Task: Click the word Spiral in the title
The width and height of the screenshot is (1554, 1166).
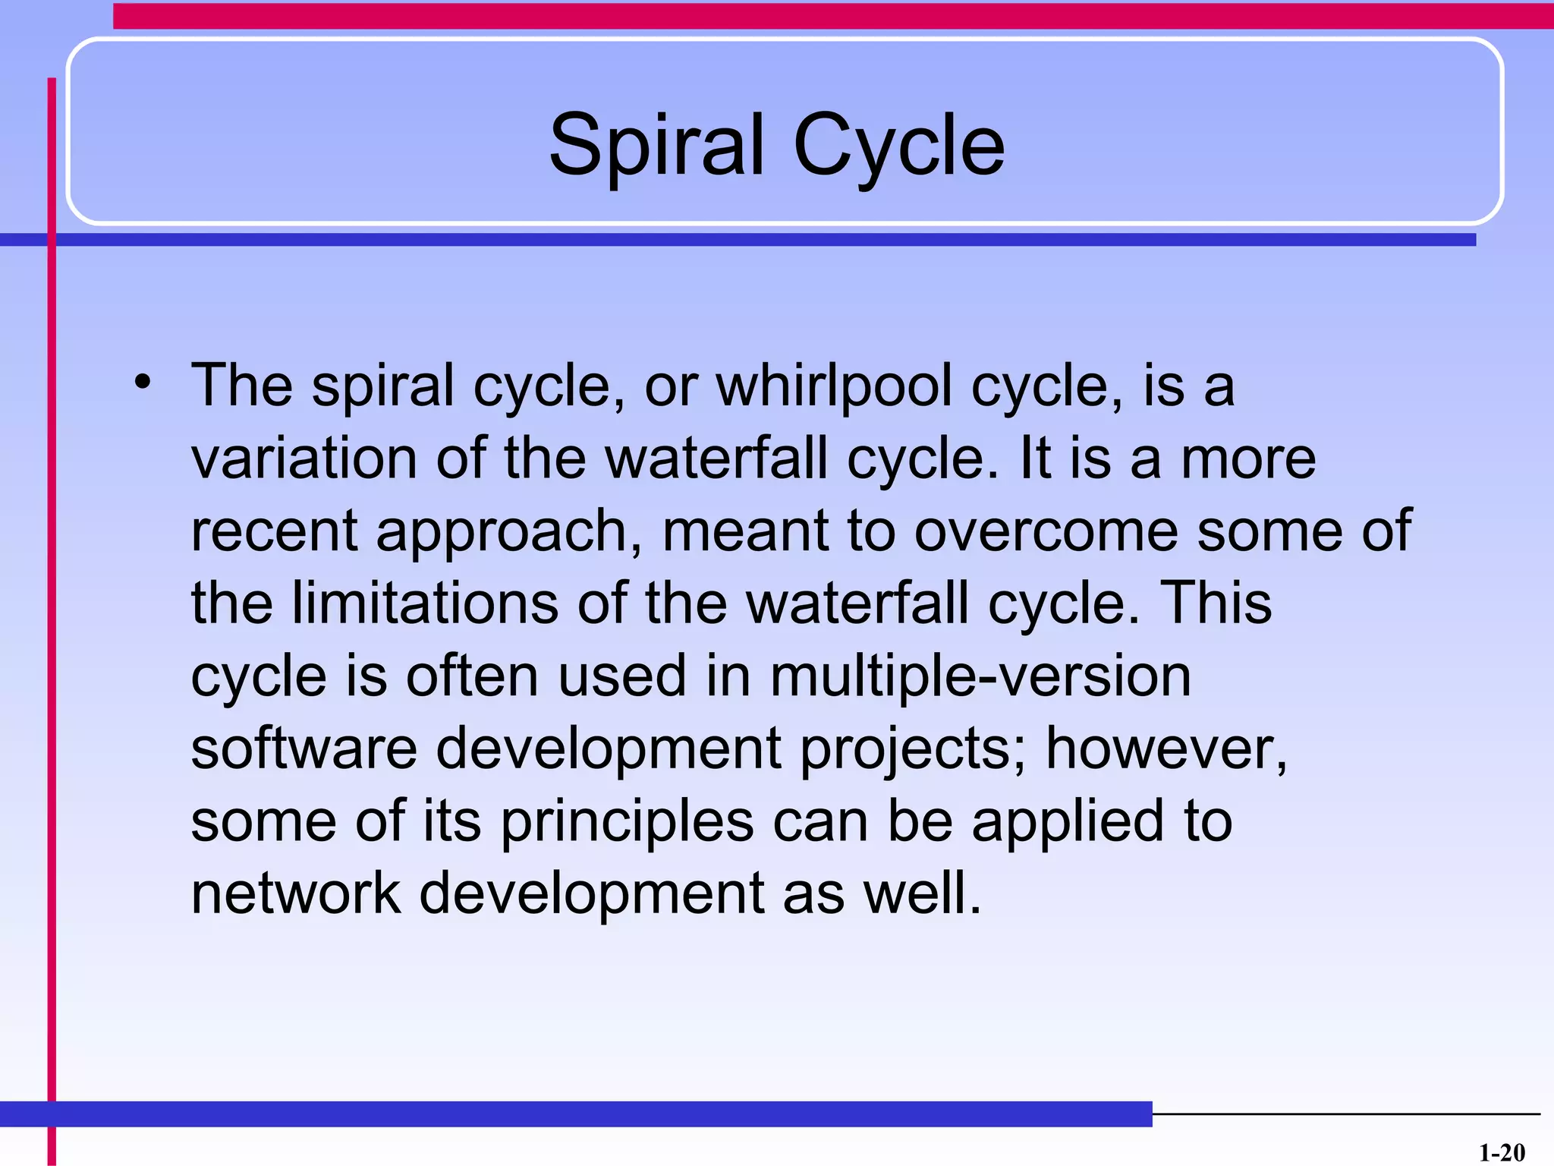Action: pos(656,144)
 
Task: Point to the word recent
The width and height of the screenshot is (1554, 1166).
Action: pos(273,531)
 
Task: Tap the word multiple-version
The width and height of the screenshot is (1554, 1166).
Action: pos(980,676)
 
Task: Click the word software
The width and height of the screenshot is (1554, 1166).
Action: pos(304,748)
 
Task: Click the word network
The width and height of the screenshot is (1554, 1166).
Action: pos(295,893)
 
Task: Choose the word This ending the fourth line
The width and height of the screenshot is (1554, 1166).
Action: pos(1216,603)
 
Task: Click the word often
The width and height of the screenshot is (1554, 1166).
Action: pos(471,676)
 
